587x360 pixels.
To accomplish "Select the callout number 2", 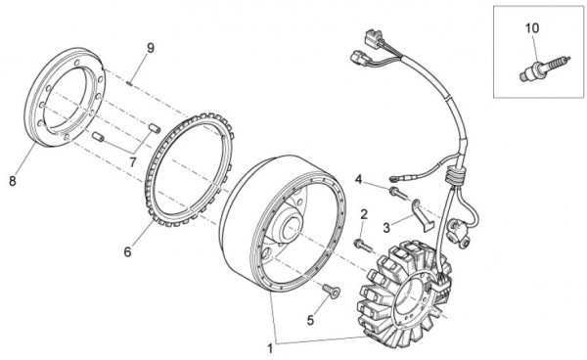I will [x=364, y=214].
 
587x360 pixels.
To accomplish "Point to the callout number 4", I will [x=359, y=179].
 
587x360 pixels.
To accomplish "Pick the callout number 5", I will [x=312, y=319].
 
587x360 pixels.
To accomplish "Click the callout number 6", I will [x=126, y=251].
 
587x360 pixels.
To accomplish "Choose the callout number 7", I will [x=132, y=159].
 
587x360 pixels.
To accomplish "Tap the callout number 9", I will [x=151, y=48].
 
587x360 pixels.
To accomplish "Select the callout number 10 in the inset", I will [x=532, y=28].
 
